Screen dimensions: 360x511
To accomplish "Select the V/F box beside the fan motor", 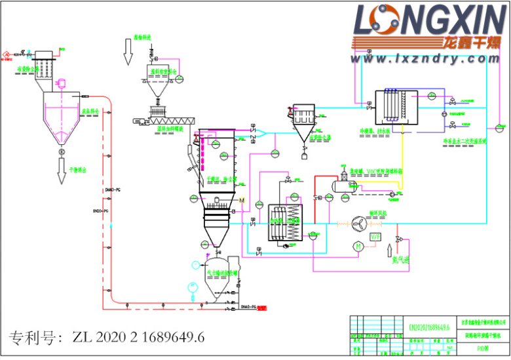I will [375, 236].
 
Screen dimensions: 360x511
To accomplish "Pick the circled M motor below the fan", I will [358, 246].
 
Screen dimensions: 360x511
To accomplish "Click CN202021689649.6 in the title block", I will [429, 327].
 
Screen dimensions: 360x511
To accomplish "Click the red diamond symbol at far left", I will [5, 52].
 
